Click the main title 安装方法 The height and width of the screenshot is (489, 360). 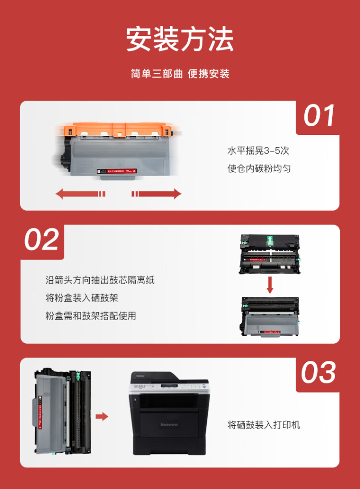tap(180, 39)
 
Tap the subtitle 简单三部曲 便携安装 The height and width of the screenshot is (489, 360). tap(180, 74)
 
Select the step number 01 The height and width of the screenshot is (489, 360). tap(319, 117)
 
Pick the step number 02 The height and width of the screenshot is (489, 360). tap(42, 240)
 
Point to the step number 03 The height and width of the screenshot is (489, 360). tap(319, 373)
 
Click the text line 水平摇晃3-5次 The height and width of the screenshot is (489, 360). tap(258, 151)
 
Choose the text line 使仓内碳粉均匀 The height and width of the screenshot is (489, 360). tap(259, 168)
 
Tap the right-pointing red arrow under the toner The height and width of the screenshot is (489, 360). tap(157, 194)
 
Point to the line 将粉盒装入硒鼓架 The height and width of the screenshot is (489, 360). tap(82, 298)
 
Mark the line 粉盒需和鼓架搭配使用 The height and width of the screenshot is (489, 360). tap(91, 316)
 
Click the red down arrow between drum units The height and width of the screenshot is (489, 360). tap(270, 284)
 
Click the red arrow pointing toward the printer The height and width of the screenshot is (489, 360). tap(102, 416)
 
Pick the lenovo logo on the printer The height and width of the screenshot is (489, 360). tap(168, 425)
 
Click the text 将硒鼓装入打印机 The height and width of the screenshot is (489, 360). tap(264, 425)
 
